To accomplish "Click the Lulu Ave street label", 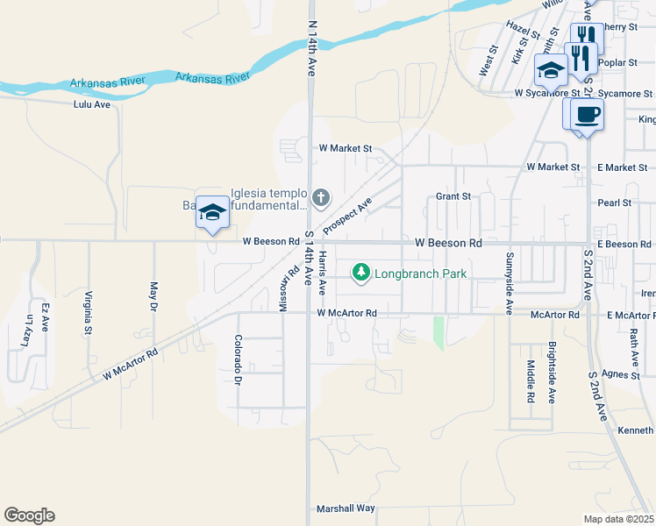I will tap(92, 103).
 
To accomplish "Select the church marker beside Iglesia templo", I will tap(321, 196).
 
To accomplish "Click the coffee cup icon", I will tap(587, 113).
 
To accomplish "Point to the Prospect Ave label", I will tap(347, 215).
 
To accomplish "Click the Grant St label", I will tap(453, 196).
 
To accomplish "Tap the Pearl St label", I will tap(614, 203).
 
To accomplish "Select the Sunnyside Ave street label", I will tap(509, 283).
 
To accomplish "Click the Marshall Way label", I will tap(346, 508).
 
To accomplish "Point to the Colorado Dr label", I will tap(238, 360).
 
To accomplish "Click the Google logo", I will tap(29, 515).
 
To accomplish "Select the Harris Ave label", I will tap(323, 272).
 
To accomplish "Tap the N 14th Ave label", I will tap(310, 49).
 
